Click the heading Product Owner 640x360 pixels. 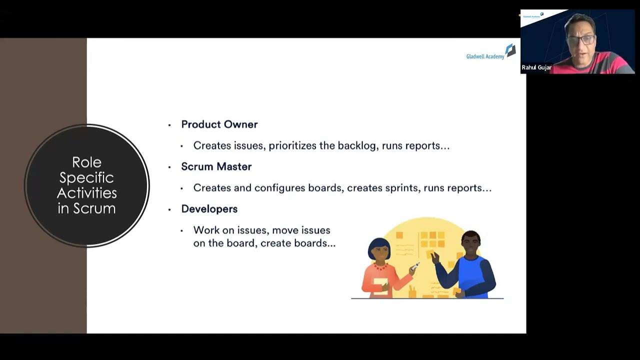point(219,124)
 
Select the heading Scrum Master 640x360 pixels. point(216,166)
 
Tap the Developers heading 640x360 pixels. point(209,209)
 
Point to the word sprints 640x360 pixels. point(402,188)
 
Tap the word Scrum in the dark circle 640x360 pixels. point(94,208)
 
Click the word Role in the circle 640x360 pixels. point(86,162)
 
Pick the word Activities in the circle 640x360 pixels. point(86,193)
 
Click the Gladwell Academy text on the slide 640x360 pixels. point(484,56)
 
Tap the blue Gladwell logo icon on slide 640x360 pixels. point(510,50)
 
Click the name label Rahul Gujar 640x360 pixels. point(536,67)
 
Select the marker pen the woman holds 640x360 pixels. point(414,266)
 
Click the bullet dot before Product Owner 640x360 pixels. point(169,125)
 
